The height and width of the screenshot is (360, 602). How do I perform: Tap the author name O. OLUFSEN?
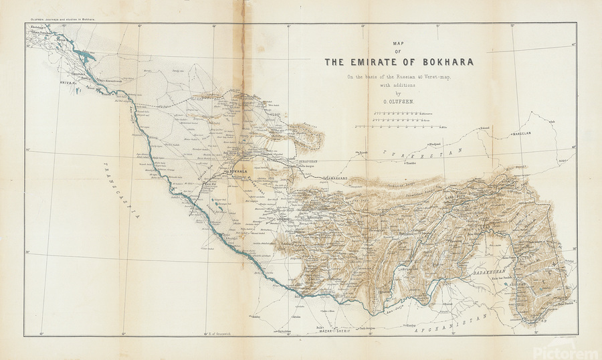(x=399, y=102)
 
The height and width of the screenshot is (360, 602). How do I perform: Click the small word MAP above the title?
(x=399, y=43)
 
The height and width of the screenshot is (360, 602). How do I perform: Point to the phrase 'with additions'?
(x=399, y=85)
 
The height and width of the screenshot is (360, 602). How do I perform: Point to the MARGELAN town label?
(x=523, y=133)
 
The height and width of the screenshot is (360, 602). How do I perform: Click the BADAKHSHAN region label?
(x=483, y=274)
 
